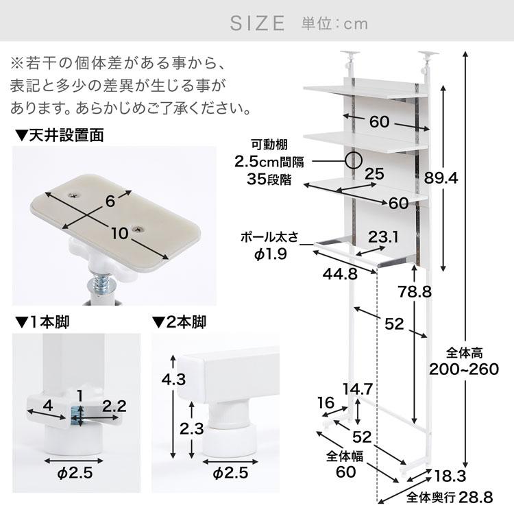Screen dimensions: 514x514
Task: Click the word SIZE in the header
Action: [x=257, y=23]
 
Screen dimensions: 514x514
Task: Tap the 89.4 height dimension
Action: [x=441, y=178]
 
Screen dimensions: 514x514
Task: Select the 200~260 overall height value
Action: [x=464, y=369]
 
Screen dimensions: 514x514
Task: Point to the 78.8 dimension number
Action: [x=415, y=291]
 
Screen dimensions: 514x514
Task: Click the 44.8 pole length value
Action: [x=340, y=273]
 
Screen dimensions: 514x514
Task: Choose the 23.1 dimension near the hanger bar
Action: [x=383, y=237]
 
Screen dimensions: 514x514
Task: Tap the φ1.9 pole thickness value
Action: [x=271, y=254]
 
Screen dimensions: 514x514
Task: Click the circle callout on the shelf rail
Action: [x=354, y=160]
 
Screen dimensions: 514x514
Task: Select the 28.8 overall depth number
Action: [x=476, y=498]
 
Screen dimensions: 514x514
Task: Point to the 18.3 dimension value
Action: [x=450, y=476]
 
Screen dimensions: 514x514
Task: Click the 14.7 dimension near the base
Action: [x=358, y=389]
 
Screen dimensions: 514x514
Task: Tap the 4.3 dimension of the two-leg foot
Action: [x=174, y=379]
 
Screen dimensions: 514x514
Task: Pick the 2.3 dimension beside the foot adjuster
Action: [x=192, y=428]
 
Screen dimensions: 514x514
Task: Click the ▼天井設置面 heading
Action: [x=60, y=135]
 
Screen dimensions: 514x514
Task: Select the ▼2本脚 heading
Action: [x=179, y=322]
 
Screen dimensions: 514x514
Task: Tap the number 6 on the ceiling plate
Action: [x=110, y=201]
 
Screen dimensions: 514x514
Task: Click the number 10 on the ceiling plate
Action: [x=119, y=234]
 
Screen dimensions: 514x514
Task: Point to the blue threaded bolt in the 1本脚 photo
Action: [x=79, y=416]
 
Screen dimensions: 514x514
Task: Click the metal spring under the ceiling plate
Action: [x=101, y=284]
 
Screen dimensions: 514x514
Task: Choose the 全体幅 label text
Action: [x=345, y=456]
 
